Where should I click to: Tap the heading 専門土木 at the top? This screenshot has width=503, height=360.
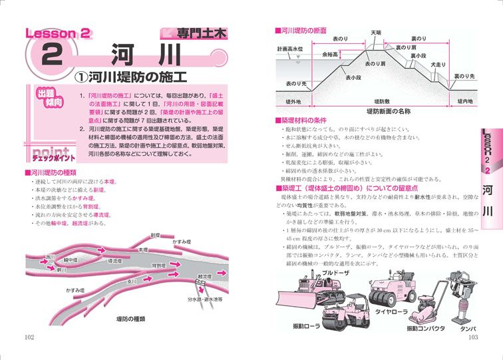[x=200, y=31]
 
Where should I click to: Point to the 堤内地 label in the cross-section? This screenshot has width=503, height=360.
[x=465, y=101]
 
